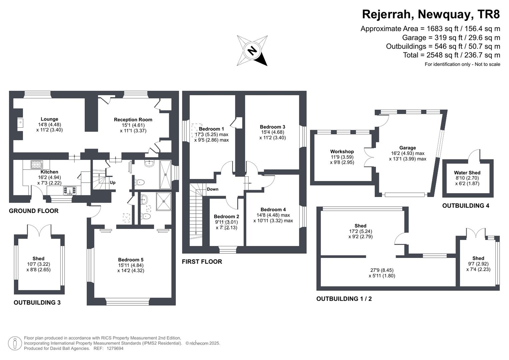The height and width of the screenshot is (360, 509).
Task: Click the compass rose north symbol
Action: click(x=252, y=51)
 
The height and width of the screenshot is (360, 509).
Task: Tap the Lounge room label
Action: click(x=49, y=119)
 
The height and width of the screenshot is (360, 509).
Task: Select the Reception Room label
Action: click(x=133, y=119)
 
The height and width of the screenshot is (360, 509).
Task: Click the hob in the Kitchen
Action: click(x=37, y=164)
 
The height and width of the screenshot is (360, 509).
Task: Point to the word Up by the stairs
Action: click(x=113, y=183)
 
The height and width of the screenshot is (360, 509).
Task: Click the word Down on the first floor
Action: click(x=213, y=189)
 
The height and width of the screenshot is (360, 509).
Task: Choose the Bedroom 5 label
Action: click(x=131, y=260)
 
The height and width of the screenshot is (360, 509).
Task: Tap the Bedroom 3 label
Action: click(x=272, y=127)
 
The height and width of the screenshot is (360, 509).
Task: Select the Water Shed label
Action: click(x=467, y=173)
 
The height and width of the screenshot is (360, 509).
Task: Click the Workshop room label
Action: click(x=342, y=151)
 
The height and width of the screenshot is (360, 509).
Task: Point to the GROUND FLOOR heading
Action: click(x=34, y=211)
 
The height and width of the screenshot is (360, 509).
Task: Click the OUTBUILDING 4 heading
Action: click(x=466, y=206)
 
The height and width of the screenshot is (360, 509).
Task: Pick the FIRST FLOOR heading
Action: click(x=202, y=262)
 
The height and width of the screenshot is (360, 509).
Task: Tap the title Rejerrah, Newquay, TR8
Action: click(x=431, y=14)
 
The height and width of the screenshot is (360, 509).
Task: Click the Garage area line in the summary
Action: click(x=451, y=38)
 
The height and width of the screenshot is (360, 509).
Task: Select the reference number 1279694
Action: click(x=115, y=348)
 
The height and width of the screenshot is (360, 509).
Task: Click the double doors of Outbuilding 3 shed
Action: click(x=39, y=230)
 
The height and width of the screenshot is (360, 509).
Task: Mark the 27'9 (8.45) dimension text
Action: click(x=382, y=270)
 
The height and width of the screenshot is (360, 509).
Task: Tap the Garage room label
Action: click(x=407, y=148)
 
